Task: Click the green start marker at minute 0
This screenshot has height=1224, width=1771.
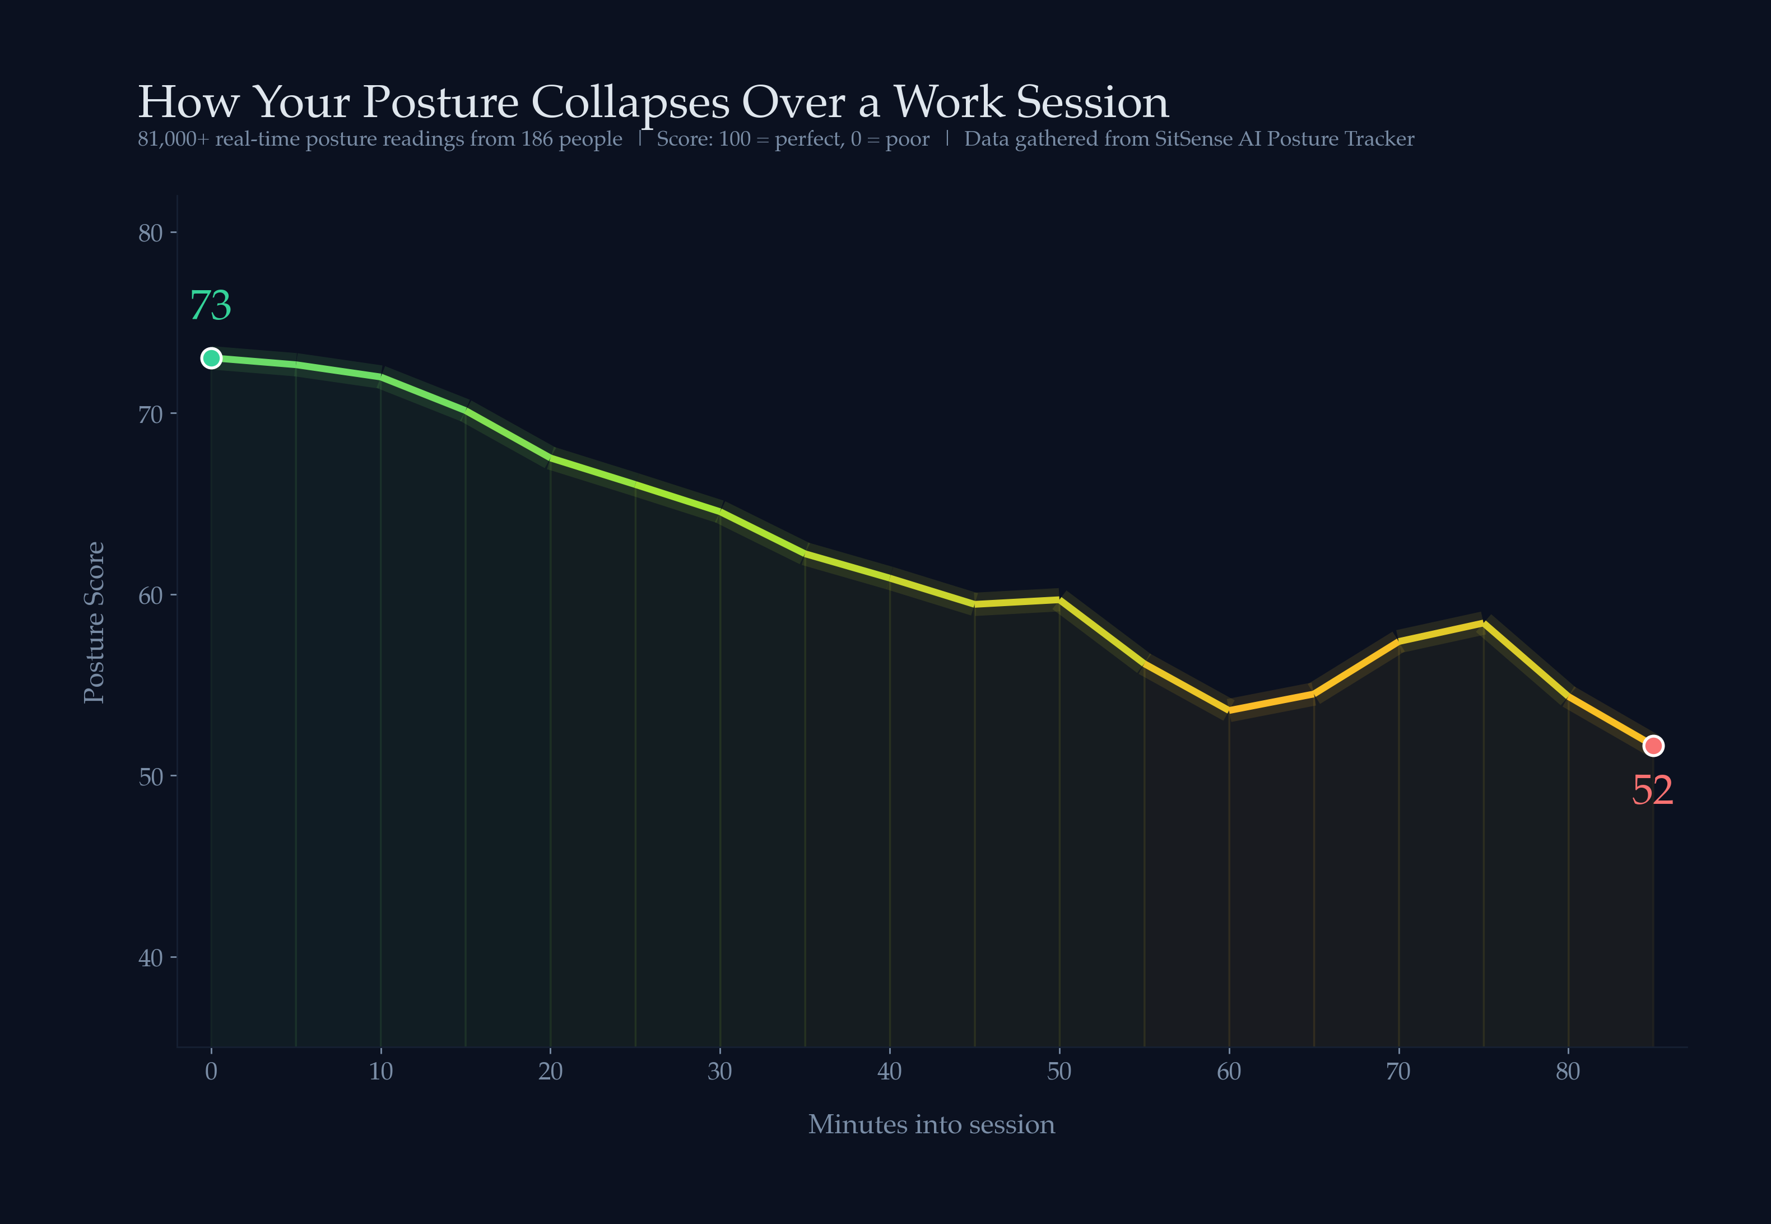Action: [x=211, y=358]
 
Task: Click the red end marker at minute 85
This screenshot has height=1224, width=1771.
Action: [x=1653, y=746]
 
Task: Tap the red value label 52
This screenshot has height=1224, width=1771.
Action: [x=1652, y=790]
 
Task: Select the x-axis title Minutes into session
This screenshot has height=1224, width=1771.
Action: [x=931, y=1124]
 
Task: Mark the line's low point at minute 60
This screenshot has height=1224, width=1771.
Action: [x=1229, y=710]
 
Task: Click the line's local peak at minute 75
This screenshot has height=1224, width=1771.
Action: [x=1484, y=623]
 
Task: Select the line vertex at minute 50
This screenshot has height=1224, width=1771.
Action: [x=1059, y=601]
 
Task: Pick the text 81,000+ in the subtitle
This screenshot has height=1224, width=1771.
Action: [x=173, y=139]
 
